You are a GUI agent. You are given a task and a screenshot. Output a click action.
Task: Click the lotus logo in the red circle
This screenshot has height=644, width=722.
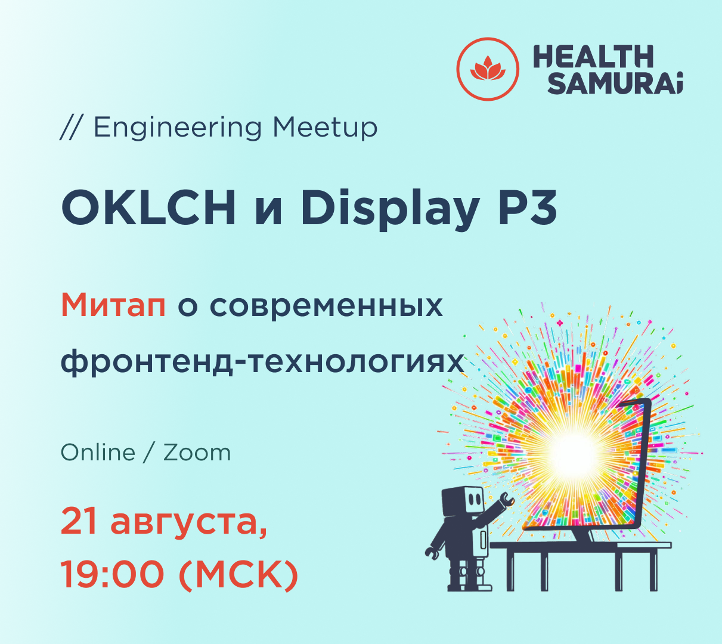pos(487,69)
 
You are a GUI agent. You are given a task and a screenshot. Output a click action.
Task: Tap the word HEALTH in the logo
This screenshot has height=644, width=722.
pos(593,57)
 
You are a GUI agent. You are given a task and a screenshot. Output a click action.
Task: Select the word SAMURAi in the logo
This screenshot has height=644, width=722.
pos(615,84)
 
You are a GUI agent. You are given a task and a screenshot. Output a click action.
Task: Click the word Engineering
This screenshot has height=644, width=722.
pos(177,128)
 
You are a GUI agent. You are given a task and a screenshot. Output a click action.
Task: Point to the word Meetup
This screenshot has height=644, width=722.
pos(325,128)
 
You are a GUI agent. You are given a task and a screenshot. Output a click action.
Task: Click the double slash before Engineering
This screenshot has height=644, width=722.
pos(71,128)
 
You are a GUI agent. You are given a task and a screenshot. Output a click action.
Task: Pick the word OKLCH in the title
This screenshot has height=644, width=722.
pos(148,208)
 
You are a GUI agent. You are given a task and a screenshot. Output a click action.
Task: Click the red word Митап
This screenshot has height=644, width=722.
pos(113,305)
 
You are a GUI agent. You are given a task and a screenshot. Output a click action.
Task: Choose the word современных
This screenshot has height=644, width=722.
pos(326,306)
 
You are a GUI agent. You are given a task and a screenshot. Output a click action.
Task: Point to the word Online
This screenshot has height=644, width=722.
pos(98,453)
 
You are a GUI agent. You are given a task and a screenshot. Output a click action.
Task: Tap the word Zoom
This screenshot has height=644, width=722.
pos(197,453)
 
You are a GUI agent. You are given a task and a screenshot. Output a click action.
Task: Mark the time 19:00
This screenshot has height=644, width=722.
pos(112,575)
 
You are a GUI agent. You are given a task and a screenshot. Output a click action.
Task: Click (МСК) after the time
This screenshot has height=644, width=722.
pos(238,575)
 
